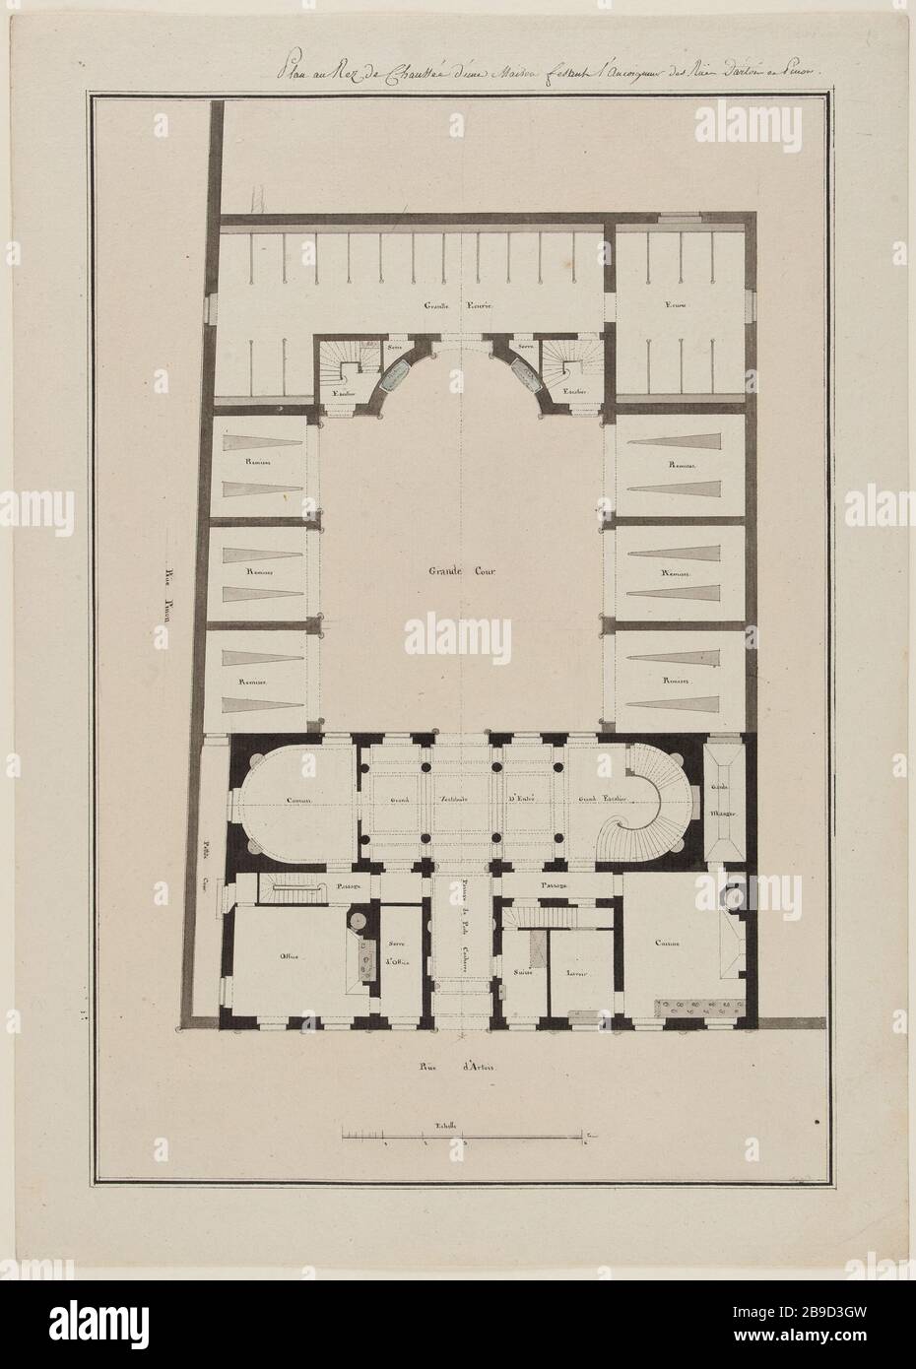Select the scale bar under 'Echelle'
coord(463,1141)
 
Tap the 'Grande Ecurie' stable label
coord(462,306)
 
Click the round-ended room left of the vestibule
coord(291,800)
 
